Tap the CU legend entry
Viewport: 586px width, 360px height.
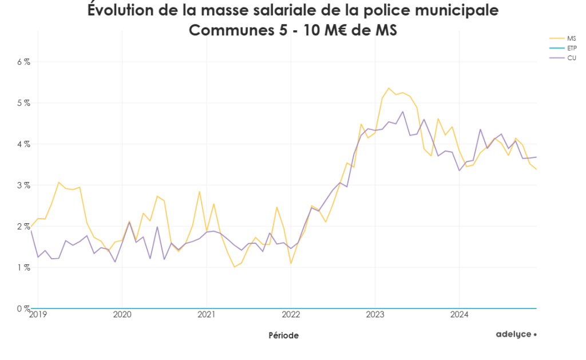click(571, 58)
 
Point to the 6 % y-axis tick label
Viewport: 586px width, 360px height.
click(23, 62)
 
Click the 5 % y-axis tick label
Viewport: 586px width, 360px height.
click(23, 103)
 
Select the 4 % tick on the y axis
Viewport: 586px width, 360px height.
click(23, 144)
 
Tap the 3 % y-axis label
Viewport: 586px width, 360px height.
click(23, 185)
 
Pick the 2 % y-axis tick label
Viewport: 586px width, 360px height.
click(23, 226)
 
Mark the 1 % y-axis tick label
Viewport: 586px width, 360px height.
click(23, 267)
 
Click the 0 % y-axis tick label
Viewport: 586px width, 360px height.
click(23, 308)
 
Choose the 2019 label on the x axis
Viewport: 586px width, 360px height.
click(38, 314)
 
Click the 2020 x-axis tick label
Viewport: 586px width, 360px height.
click(122, 314)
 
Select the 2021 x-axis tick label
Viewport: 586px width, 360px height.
click(206, 314)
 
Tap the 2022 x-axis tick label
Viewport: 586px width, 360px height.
click(291, 314)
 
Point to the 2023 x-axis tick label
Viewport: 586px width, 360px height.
click(375, 314)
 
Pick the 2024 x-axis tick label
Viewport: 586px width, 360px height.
click(459, 314)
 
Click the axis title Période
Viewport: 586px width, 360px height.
click(283, 335)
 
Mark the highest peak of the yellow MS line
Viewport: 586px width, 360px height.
click(389, 88)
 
